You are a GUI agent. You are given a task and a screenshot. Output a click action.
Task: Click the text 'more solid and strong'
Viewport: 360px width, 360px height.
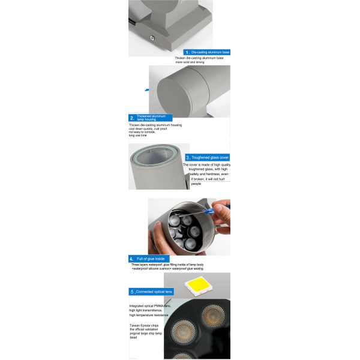(x=191, y=62)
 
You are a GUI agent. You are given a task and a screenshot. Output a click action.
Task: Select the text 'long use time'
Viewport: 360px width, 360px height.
(x=137, y=135)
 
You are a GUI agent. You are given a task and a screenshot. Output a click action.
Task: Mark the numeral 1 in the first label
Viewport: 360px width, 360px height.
(x=187, y=53)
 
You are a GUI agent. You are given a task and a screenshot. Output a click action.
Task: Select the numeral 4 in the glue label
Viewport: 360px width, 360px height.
(x=131, y=258)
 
